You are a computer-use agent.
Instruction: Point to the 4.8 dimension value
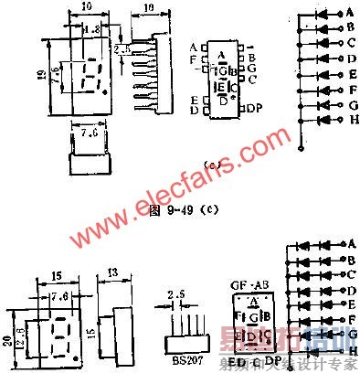pos(91,29)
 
